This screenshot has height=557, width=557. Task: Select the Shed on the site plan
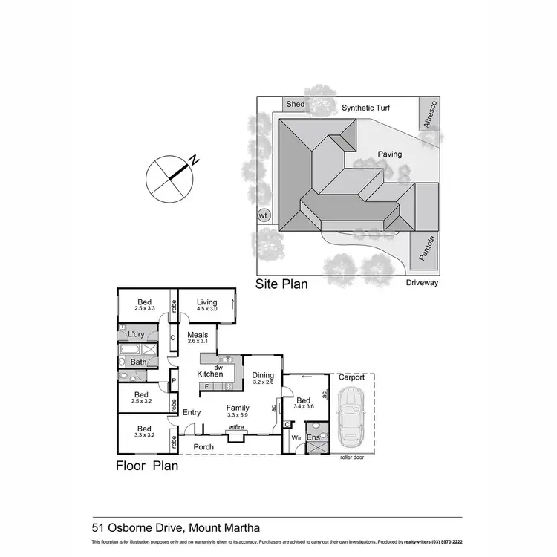click(295, 105)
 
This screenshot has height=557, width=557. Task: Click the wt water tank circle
click(262, 215)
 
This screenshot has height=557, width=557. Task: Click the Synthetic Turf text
click(366, 108)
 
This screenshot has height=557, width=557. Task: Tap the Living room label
click(206, 302)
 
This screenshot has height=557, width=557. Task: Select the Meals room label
click(198, 334)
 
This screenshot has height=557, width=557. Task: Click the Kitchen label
click(210, 374)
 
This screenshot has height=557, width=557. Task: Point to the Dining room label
click(263, 375)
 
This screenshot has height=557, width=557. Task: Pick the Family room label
click(238, 408)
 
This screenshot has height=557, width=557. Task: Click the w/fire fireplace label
click(237, 428)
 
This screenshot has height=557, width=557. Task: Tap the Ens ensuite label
click(313, 438)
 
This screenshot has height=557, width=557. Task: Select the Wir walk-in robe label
click(295, 438)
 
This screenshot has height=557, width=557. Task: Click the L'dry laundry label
click(136, 336)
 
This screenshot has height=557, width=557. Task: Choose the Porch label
click(203, 446)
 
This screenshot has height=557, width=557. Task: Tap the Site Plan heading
click(281, 284)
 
